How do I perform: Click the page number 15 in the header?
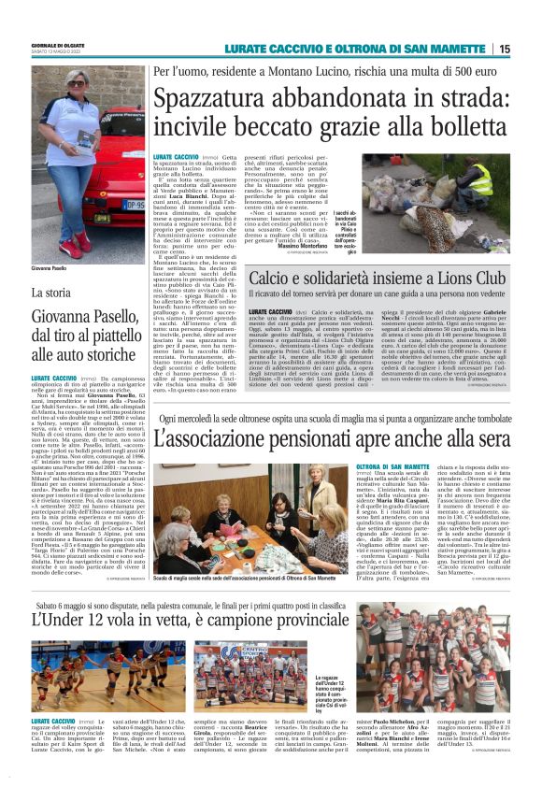click(x=530, y=49)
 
